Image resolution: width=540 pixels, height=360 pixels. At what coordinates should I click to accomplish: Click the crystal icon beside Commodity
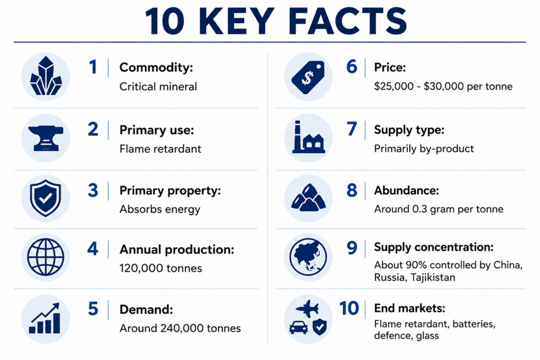pyautogui.click(x=46, y=76)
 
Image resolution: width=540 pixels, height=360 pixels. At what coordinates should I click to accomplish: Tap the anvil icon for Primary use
pyautogui.click(x=46, y=138)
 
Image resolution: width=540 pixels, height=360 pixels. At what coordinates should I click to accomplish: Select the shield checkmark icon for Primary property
pyautogui.click(x=45, y=198)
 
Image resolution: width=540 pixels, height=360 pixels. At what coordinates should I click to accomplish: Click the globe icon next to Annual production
pyautogui.click(x=45, y=257)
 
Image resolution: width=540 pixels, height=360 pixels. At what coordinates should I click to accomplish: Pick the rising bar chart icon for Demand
pyautogui.click(x=45, y=318)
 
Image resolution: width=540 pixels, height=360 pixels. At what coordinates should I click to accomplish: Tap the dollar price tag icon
pyautogui.click(x=308, y=77)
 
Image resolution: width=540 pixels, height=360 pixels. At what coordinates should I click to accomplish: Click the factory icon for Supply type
pyautogui.click(x=308, y=137)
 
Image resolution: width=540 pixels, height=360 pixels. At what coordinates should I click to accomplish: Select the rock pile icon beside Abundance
pyautogui.click(x=308, y=197)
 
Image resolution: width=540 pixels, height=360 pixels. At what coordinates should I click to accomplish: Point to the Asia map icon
pyautogui.click(x=308, y=257)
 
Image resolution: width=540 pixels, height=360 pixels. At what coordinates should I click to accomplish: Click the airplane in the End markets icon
pyautogui.click(x=307, y=308)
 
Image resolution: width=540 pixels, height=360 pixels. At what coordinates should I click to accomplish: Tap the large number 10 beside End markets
pyautogui.click(x=349, y=308)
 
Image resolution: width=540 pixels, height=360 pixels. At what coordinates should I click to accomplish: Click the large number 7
pyautogui.click(x=352, y=129)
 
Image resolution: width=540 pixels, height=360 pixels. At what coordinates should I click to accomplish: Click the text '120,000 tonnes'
pyautogui.click(x=161, y=268)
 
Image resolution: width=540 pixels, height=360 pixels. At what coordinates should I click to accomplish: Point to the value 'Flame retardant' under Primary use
pyautogui.click(x=160, y=149)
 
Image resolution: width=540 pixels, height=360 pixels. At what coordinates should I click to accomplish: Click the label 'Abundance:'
pyautogui.click(x=407, y=190)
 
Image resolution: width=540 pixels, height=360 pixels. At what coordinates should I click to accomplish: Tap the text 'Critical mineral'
pyautogui.click(x=158, y=86)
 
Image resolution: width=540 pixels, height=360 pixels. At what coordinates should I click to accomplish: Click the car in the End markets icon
pyautogui.click(x=298, y=327)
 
